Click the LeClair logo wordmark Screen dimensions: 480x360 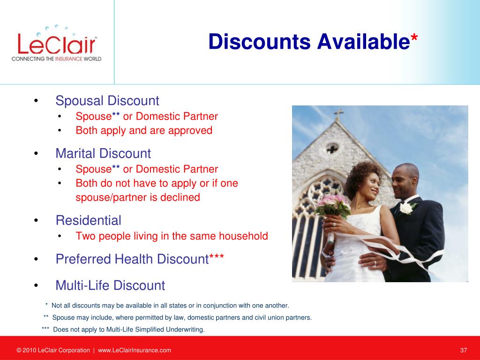click(x=57, y=44)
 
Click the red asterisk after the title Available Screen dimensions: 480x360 click(x=414, y=38)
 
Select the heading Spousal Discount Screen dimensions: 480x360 click(x=107, y=101)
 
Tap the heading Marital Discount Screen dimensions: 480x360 click(x=103, y=153)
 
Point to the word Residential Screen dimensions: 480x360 click(x=89, y=220)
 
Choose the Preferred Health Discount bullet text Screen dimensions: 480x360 click(x=140, y=259)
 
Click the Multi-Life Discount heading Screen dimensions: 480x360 click(x=110, y=285)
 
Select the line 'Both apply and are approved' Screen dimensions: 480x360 click(x=144, y=130)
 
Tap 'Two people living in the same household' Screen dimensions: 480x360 click(x=172, y=236)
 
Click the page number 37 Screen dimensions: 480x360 click(x=464, y=350)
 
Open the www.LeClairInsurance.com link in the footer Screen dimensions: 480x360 click(x=135, y=350)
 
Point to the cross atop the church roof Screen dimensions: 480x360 click(x=338, y=114)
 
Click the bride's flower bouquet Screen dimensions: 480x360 click(x=333, y=204)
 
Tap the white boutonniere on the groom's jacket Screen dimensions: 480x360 click(x=406, y=208)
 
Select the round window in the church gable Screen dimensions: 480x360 click(x=332, y=149)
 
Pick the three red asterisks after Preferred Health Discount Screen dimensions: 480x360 click(x=217, y=257)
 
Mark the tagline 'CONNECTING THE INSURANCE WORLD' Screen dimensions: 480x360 click(x=56, y=59)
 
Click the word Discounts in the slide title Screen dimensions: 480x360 click(x=260, y=42)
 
